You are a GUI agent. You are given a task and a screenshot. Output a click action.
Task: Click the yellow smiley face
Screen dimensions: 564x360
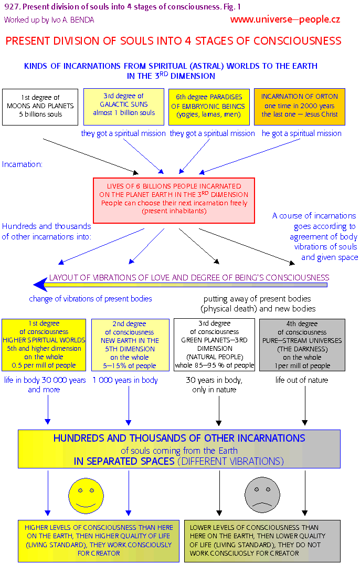coord(84,495)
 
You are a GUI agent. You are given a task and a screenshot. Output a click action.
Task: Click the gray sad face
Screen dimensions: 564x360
coord(261,495)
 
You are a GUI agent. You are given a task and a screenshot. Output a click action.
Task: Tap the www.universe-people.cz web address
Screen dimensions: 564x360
coord(285,20)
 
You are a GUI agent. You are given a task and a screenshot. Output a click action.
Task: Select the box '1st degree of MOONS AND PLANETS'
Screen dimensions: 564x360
coord(40,107)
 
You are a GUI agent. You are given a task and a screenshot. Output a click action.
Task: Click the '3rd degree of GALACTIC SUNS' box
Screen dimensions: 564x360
coord(124,105)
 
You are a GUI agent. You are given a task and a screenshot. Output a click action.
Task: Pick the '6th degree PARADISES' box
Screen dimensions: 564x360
coord(207,106)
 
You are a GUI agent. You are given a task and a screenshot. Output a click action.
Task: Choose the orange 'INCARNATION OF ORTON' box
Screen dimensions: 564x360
coord(300,106)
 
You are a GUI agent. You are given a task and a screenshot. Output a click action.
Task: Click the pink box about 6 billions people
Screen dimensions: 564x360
coord(174,200)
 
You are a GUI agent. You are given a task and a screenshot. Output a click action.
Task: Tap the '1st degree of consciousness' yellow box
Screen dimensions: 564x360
coord(44,344)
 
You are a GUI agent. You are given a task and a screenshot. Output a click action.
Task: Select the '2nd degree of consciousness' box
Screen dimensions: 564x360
coord(129,344)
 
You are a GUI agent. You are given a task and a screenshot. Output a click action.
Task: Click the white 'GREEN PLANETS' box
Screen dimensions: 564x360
coord(215,344)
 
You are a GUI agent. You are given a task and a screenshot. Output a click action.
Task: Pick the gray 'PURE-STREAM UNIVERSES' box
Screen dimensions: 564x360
coord(302,344)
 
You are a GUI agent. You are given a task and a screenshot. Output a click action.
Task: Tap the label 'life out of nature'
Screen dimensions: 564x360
coord(302,380)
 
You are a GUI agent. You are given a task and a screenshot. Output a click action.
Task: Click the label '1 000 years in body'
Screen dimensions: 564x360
coord(125,380)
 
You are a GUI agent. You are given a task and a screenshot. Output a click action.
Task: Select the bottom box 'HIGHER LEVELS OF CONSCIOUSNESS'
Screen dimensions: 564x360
coord(98,540)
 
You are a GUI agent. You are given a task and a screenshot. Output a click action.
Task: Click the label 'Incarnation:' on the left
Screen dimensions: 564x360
coord(22,164)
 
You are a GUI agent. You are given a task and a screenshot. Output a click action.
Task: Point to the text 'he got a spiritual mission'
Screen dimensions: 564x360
coord(301,133)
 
